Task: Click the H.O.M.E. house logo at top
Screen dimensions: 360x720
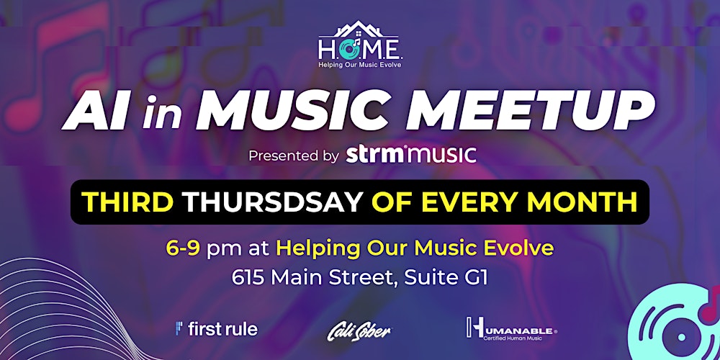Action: point(360,41)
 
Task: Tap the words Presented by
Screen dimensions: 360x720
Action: point(293,156)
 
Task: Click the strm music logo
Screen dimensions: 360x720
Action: point(411,155)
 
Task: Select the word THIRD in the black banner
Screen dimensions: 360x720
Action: point(127,202)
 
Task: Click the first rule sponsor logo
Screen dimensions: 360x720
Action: point(216,329)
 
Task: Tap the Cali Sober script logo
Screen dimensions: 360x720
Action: point(359,330)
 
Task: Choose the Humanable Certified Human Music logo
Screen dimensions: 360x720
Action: point(511,328)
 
